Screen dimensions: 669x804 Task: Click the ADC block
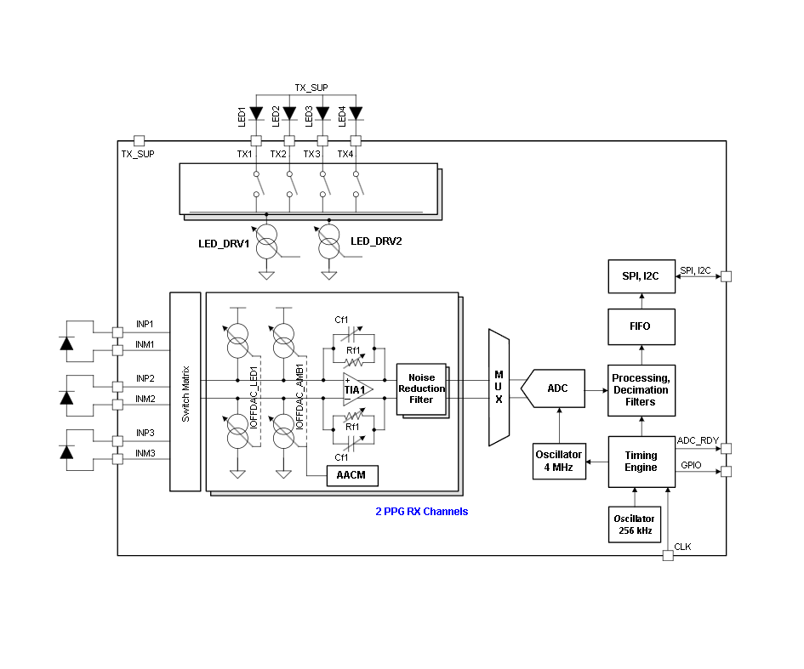[x=558, y=388]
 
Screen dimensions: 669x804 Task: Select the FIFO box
[x=641, y=326]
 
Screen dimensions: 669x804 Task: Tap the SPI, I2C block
[x=641, y=277]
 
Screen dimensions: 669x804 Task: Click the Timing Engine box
[x=641, y=462]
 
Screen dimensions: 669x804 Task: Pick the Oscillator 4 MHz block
[x=559, y=462]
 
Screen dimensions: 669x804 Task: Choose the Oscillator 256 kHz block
[x=634, y=524]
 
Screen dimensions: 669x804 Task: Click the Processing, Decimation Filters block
[x=641, y=390]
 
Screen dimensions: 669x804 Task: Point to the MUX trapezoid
[x=499, y=388]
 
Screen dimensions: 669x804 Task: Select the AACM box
[x=351, y=475]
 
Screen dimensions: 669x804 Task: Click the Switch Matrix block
[x=185, y=392]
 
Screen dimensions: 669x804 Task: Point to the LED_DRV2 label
[x=376, y=241]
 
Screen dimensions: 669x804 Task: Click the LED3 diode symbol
[x=322, y=112]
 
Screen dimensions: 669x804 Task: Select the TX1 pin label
[x=244, y=154]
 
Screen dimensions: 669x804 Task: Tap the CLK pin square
[x=668, y=555]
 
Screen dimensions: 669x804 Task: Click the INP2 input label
[x=145, y=378]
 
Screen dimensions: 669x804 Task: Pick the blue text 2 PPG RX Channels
[x=422, y=512]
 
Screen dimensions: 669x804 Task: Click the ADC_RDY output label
[x=698, y=440]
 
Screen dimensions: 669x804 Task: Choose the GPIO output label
[x=691, y=465]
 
